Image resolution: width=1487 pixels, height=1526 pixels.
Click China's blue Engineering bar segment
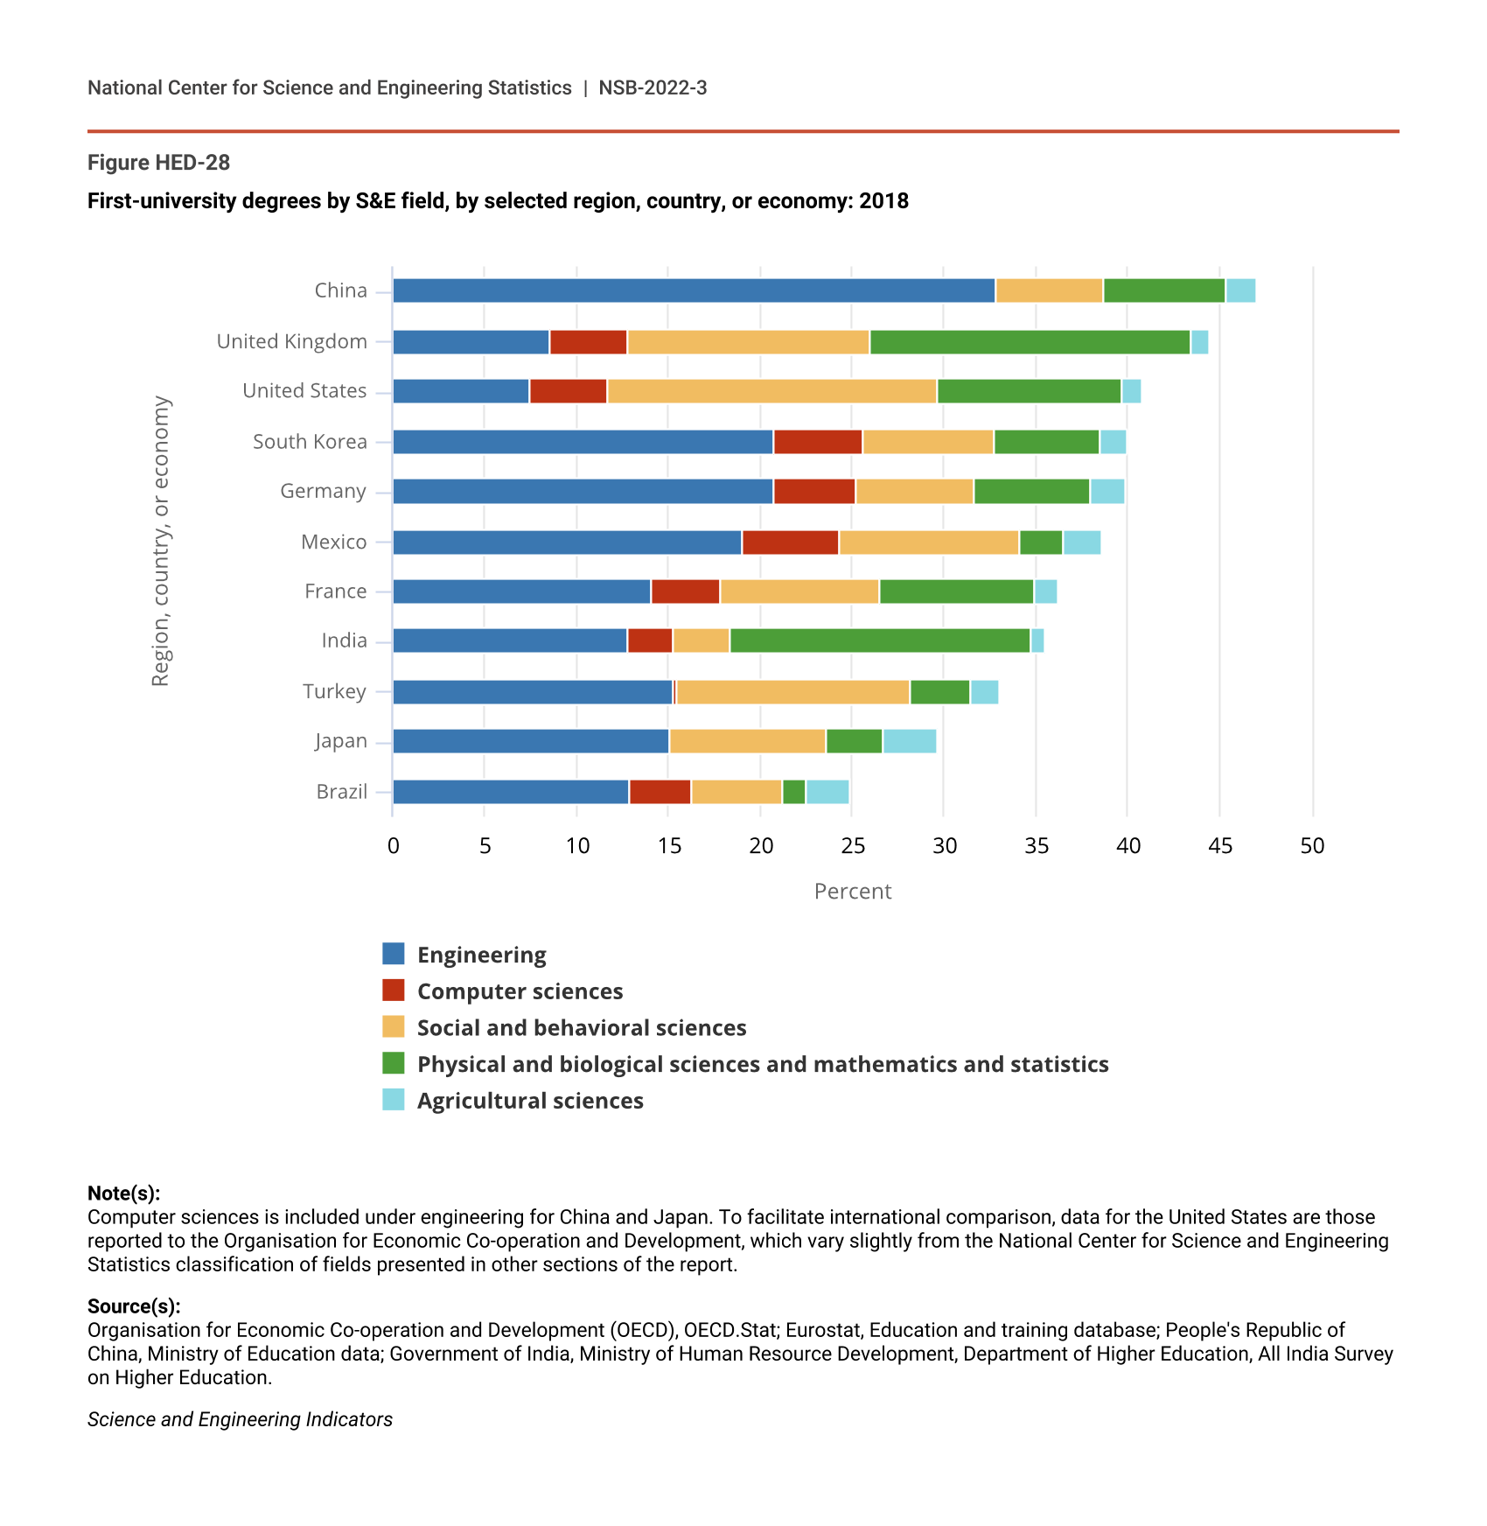[x=694, y=290]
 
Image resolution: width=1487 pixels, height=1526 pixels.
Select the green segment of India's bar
[x=880, y=640]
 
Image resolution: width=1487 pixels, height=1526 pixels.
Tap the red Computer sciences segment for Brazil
[x=660, y=792]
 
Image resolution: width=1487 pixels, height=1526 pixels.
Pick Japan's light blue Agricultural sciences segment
[x=910, y=741]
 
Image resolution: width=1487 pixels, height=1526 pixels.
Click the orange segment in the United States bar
[x=771, y=391]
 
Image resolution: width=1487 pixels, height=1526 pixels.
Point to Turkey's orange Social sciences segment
[x=793, y=692]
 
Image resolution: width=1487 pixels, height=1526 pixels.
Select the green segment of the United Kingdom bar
[x=1030, y=342]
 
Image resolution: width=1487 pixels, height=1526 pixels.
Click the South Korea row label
[x=310, y=442]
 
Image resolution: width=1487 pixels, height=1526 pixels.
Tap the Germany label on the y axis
[x=323, y=492]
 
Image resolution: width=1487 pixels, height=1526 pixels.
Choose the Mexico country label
[x=333, y=542]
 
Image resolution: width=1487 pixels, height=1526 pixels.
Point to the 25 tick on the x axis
[x=853, y=846]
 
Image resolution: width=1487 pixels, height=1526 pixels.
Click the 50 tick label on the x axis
[x=1312, y=846]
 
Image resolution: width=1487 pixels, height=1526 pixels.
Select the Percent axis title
[x=853, y=892]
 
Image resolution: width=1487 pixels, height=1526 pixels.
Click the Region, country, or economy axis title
[x=161, y=542]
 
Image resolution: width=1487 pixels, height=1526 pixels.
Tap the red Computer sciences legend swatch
[x=394, y=990]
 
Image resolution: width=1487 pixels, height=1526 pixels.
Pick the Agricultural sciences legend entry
[x=530, y=1101]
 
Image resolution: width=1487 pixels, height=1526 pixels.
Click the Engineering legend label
[x=482, y=955]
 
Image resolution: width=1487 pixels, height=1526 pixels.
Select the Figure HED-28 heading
[x=158, y=163]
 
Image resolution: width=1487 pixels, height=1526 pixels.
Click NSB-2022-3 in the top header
[x=653, y=87]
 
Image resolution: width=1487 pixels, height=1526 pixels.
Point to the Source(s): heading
[x=134, y=1306]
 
